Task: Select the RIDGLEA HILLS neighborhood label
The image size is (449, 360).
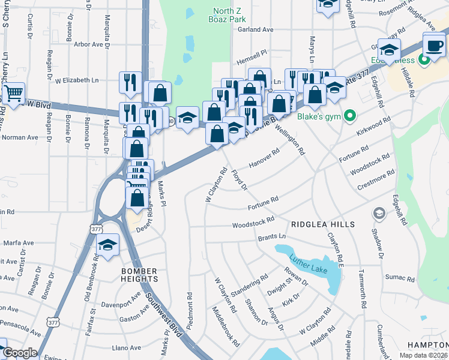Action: (x=322, y=224)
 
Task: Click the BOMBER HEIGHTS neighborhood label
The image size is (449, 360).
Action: (x=139, y=275)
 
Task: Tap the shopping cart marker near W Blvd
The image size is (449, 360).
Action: (x=13, y=94)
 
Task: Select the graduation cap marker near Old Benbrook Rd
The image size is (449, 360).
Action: (x=107, y=245)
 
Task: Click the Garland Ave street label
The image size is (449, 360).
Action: (x=255, y=29)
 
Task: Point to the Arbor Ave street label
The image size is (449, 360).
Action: (x=89, y=44)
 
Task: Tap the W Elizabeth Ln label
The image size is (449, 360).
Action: (x=77, y=80)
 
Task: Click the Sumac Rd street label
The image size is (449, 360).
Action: (x=400, y=278)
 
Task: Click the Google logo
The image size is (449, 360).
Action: (x=20, y=353)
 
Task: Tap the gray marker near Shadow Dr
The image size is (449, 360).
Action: (x=379, y=213)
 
